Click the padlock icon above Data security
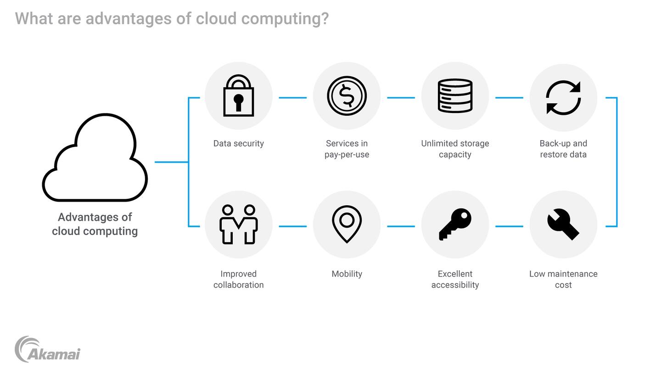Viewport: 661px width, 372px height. [x=238, y=96]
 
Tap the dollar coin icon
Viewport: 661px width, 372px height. [x=347, y=96]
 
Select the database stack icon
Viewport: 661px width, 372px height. [x=455, y=96]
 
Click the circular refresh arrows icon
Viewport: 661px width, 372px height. [x=563, y=97]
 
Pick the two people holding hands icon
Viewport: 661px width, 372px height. [x=238, y=224]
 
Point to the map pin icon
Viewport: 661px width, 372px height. [x=347, y=224]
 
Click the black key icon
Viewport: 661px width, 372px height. [x=455, y=224]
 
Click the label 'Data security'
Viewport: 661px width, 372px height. [x=238, y=143]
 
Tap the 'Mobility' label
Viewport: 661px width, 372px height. [x=347, y=274]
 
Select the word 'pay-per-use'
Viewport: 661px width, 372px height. [x=347, y=154]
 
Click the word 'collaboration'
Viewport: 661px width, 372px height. [x=238, y=285]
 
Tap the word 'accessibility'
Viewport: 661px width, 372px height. [x=455, y=285]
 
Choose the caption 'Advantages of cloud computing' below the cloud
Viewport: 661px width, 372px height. [x=95, y=224]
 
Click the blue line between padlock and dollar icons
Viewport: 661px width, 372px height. [x=292, y=97]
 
